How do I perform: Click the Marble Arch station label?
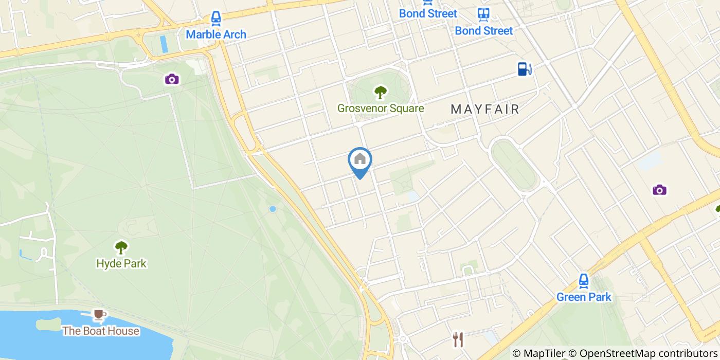pos(216,34)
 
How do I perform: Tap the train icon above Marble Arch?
pos(216,19)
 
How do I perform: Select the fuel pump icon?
pos(524,69)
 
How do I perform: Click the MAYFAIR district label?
pos(485,109)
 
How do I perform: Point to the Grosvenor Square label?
pos(381,108)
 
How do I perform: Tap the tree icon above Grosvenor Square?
pos(381,93)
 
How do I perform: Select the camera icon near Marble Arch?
pos(172,79)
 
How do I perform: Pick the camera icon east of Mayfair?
pos(659,190)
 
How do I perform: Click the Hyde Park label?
pos(121,263)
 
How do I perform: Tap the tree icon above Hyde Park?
pos(121,248)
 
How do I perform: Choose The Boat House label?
pos(101,331)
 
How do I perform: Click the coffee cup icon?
pos(100,314)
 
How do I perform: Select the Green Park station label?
pos(584,297)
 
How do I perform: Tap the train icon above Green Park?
pos(583,281)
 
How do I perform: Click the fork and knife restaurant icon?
pos(458,339)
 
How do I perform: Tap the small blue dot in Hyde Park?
pos(273,209)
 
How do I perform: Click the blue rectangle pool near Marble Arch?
pos(164,44)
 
